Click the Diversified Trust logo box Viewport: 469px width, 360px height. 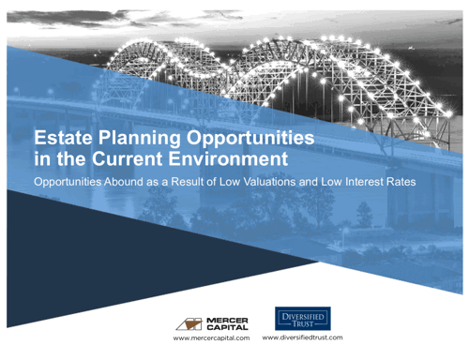(x=302, y=317)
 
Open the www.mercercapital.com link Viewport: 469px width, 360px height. (x=209, y=338)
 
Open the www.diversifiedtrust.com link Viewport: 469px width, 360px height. (x=302, y=337)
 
